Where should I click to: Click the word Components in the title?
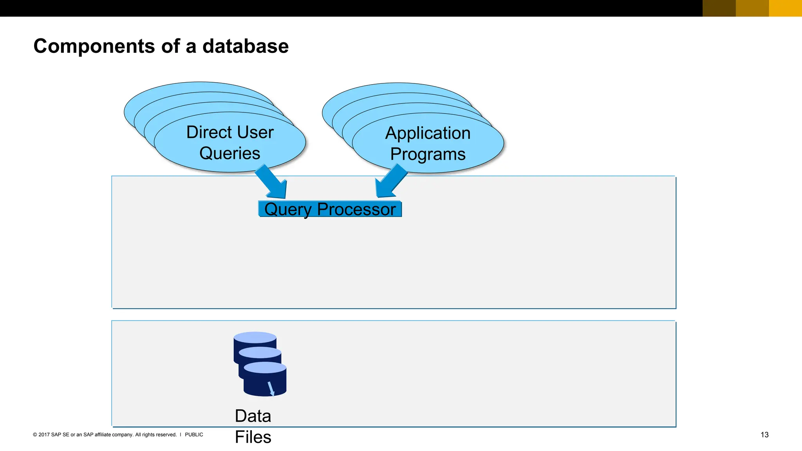coord(94,46)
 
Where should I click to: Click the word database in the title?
coord(246,46)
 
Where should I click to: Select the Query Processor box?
coord(330,209)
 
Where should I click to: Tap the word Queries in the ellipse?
coord(230,153)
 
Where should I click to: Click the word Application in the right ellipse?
coord(428,133)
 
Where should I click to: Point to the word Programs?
coord(428,154)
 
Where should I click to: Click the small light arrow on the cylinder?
coord(271,389)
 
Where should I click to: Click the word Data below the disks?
coord(253,416)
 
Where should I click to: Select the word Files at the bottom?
coord(253,437)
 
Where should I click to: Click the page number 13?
coord(764,435)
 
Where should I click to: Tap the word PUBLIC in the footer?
coord(194,435)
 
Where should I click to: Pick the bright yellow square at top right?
coord(785,8)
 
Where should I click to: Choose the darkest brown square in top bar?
coord(719,8)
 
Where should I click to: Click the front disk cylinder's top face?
coord(265,368)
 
